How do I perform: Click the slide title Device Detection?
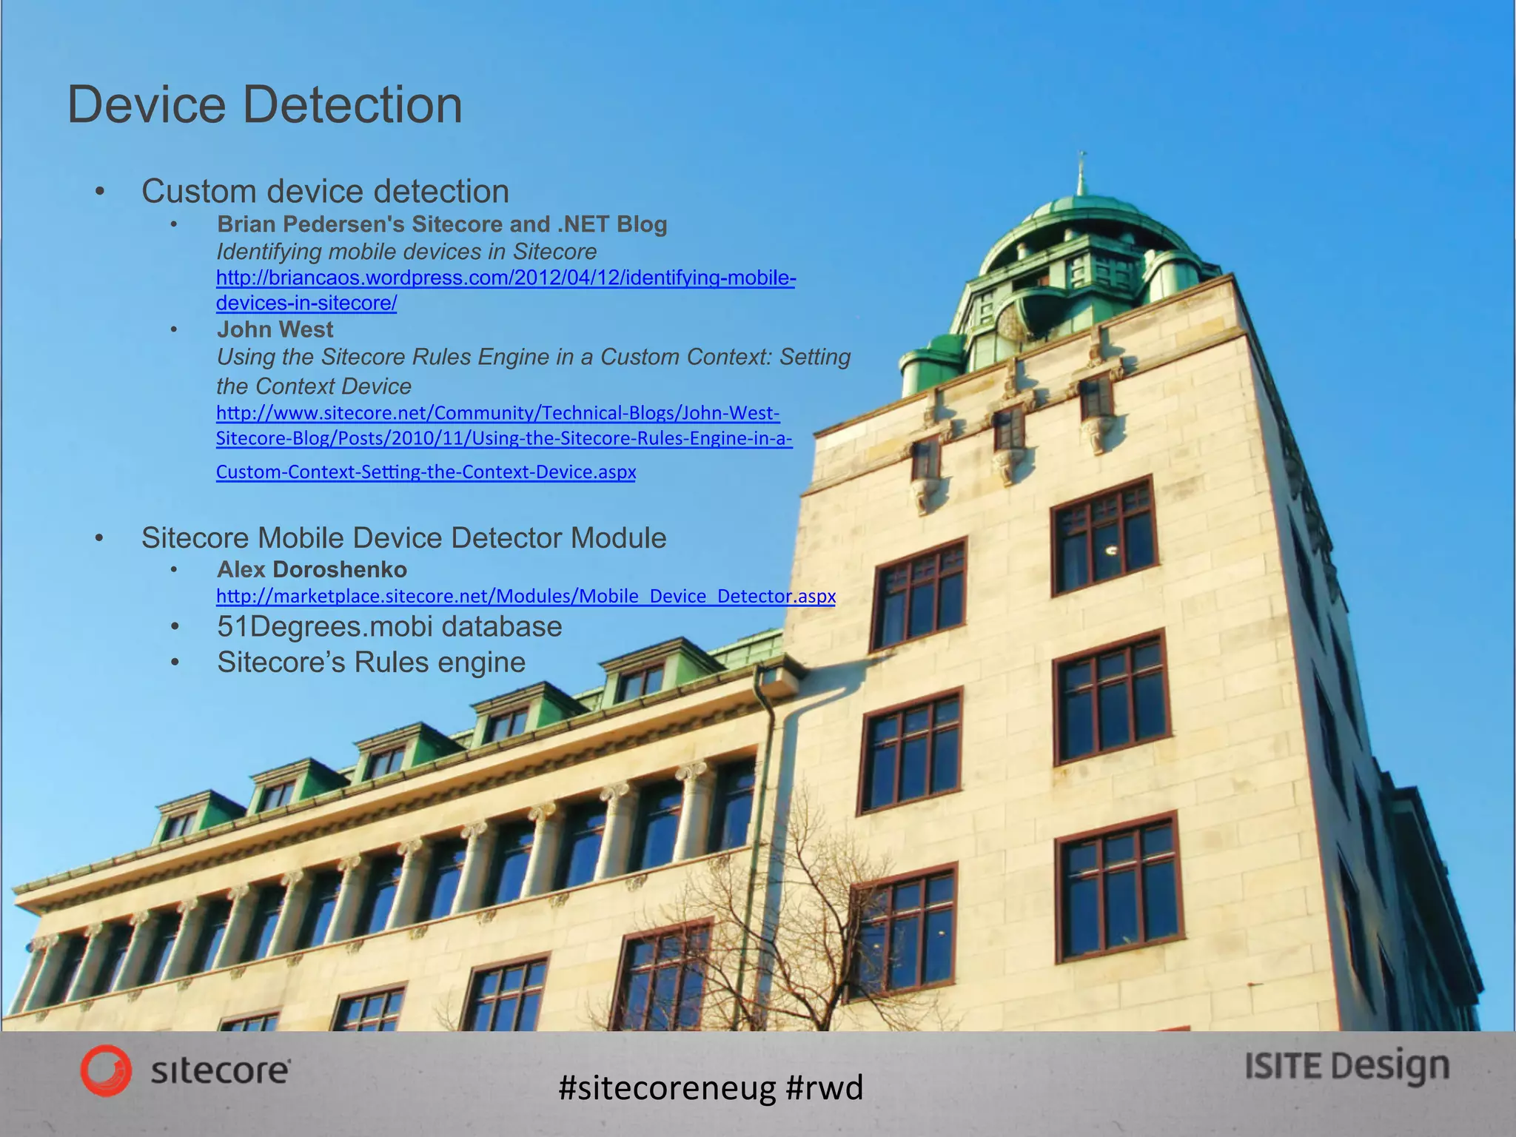(264, 105)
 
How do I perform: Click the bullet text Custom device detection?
(325, 192)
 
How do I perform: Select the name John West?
(275, 329)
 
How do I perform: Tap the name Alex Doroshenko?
(312, 569)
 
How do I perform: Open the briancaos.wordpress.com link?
(506, 278)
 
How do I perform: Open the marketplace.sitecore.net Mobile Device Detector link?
(526, 596)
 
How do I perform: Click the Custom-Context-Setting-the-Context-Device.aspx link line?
(426, 472)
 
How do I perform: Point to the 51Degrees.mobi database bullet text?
(389, 627)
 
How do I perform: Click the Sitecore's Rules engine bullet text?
(371, 663)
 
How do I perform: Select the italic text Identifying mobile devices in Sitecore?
(406, 252)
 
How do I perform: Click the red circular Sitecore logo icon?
(106, 1070)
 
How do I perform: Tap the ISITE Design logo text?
(1346, 1067)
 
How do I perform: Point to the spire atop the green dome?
(1081, 174)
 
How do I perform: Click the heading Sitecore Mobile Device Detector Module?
(403, 538)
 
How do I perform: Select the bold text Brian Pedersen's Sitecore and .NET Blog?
(442, 224)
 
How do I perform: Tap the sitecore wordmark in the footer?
(221, 1071)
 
